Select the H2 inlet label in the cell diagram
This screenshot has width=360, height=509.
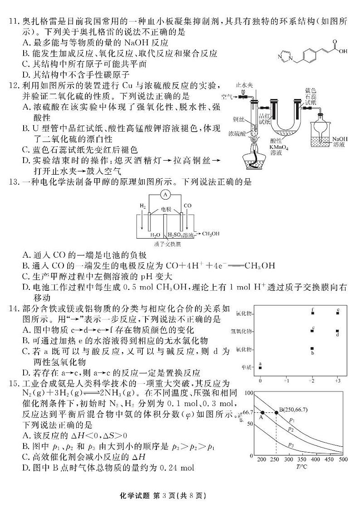[142, 206]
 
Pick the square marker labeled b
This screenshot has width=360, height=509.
[312, 349]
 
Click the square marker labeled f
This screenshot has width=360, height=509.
[312, 313]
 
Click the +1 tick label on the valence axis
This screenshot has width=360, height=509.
[286, 381]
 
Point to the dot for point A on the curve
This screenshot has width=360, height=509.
[262, 412]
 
